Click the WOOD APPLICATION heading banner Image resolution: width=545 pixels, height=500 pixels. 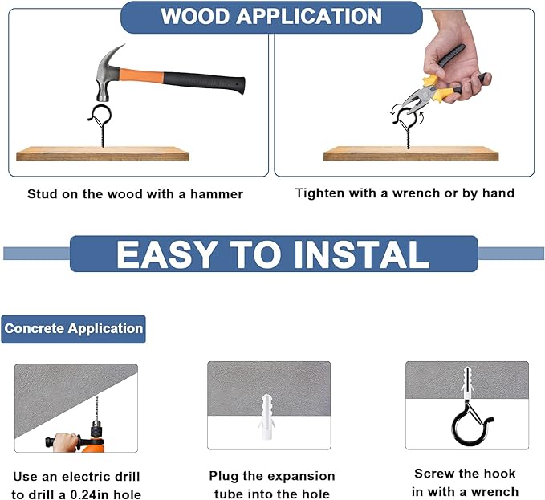click(x=271, y=17)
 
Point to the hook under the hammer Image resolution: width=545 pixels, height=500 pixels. click(x=101, y=122)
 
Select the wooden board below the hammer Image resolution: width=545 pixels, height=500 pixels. click(x=103, y=153)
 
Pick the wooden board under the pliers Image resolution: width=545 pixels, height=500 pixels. click(x=411, y=153)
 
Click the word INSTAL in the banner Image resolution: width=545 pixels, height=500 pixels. click(x=361, y=254)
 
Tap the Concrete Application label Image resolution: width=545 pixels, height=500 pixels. click(x=73, y=329)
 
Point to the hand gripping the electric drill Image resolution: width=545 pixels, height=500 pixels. click(x=66, y=442)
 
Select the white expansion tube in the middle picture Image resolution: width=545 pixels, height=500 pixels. click(x=266, y=417)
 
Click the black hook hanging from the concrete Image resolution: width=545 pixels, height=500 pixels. click(x=470, y=424)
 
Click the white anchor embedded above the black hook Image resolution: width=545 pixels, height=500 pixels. click(x=467, y=382)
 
